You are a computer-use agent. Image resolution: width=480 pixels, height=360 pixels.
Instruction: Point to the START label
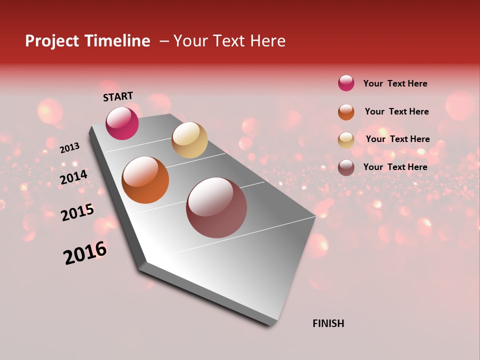(x=118, y=96)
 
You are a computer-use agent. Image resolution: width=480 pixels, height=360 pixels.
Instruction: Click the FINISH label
(x=328, y=323)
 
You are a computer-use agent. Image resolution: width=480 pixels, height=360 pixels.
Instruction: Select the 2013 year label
(x=69, y=148)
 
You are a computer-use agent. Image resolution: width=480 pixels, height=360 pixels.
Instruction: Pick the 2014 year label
(x=73, y=177)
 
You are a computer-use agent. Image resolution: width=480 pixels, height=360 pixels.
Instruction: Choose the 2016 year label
(x=85, y=253)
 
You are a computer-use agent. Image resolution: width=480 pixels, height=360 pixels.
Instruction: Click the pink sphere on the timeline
(x=122, y=123)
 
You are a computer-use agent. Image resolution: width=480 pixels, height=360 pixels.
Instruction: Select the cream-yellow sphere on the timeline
(x=189, y=140)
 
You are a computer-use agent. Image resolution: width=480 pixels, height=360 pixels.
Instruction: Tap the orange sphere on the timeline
(x=145, y=180)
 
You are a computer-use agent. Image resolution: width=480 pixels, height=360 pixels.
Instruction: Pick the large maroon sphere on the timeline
(x=216, y=207)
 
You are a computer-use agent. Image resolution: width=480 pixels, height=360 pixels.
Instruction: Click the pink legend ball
(x=346, y=83)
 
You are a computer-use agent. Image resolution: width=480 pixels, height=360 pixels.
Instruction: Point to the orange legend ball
(x=346, y=112)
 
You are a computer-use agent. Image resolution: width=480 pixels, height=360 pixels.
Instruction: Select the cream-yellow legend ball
(x=346, y=140)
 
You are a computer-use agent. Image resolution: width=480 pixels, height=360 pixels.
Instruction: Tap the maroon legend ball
(x=346, y=167)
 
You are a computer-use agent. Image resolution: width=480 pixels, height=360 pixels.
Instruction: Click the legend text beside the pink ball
(x=395, y=83)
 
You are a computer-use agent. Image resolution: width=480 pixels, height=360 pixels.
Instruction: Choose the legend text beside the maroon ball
(x=395, y=167)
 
